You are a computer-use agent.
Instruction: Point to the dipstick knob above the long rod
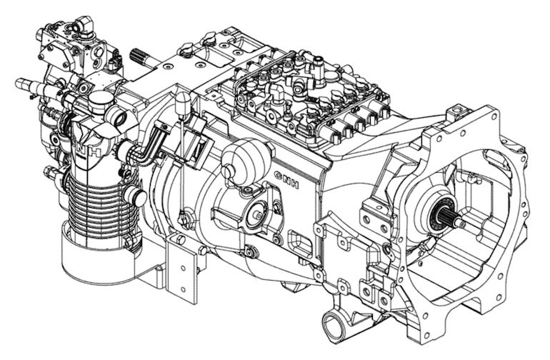(x=183, y=103)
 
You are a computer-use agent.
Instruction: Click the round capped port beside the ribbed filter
(x=135, y=195)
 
